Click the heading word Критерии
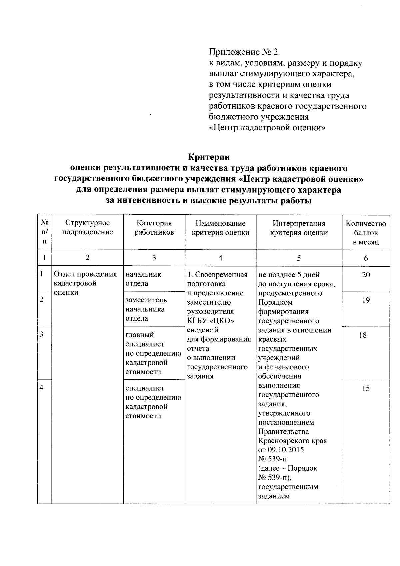(209, 157)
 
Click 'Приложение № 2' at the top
(243, 52)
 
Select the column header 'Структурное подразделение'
(87, 227)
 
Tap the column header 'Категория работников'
(154, 227)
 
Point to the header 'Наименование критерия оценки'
(220, 228)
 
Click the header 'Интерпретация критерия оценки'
(299, 228)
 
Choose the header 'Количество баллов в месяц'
(366, 233)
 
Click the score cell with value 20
(366, 275)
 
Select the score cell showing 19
(366, 300)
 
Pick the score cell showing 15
(366, 388)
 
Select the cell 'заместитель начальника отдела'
(146, 309)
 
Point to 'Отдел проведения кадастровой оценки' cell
(85, 283)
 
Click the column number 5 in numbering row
(299, 258)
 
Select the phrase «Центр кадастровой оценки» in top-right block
(267, 128)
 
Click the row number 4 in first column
(42, 388)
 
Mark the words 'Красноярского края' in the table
(292, 440)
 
